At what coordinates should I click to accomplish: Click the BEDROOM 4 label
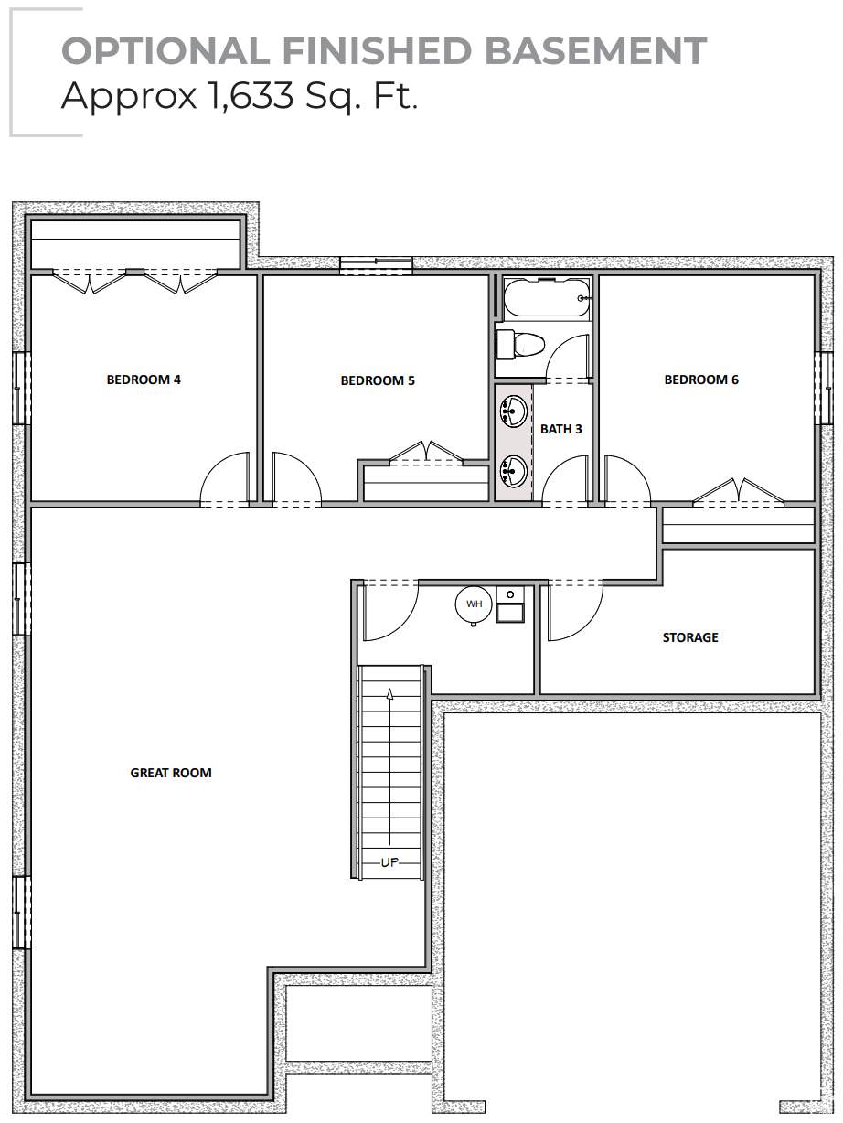[x=144, y=380]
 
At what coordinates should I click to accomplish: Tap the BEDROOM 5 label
[x=378, y=380]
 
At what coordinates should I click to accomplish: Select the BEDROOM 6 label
[x=701, y=380]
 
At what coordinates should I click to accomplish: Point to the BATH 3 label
[x=561, y=429]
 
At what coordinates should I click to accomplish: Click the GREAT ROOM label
[x=171, y=773]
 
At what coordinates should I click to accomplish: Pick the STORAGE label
[x=690, y=637]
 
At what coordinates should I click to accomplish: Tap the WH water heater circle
[x=474, y=604]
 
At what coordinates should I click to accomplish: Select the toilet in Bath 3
[x=519, y=345]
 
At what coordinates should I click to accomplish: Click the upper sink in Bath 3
[x=513, y=411]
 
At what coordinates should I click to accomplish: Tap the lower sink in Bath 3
[x=513, y=470]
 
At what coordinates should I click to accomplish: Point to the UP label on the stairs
[x=389, y=862]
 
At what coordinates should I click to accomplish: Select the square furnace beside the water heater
[x=510, y=604]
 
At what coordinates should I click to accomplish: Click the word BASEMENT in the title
[x=595, y=51]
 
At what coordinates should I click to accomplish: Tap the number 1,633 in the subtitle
[x=251, y=96]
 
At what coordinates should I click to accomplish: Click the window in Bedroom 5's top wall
[x=376, y=266]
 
